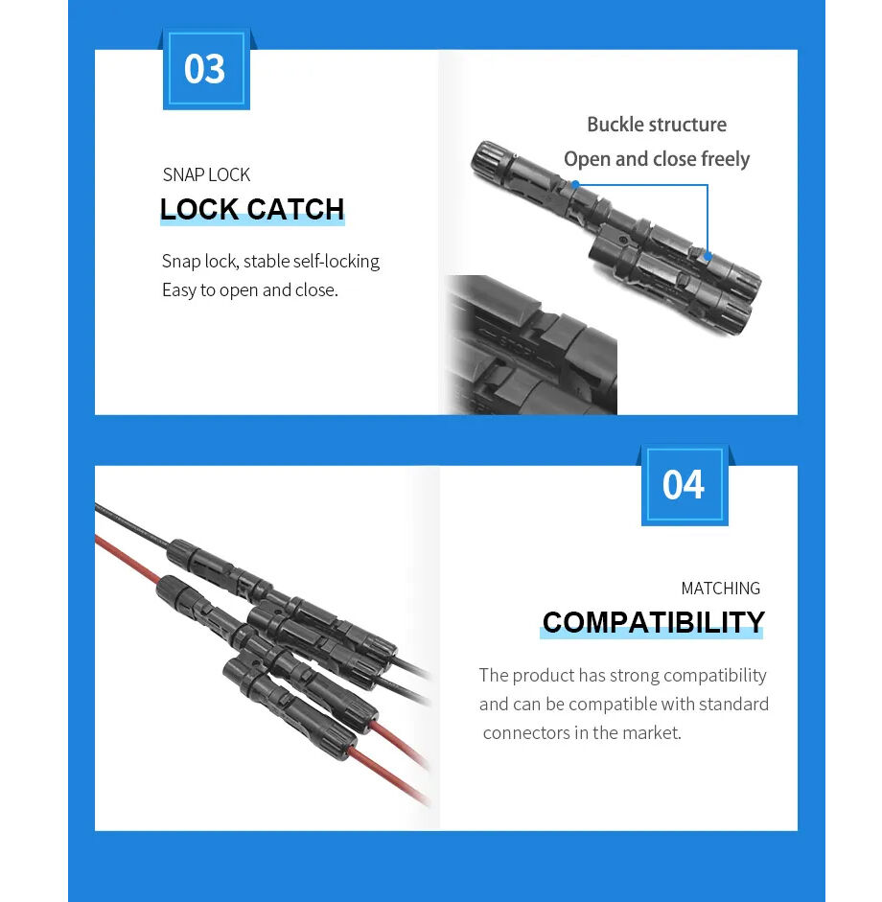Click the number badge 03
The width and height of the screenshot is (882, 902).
tap(204, 69)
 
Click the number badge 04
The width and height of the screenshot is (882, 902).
tap(684, 485)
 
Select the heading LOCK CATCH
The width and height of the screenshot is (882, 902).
tap(252, 210)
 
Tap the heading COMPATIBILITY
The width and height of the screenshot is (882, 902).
tap(653, 623)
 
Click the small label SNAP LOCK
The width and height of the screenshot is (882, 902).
tap(206, 174)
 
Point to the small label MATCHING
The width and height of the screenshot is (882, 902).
tap(720, 589)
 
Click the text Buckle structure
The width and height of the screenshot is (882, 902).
tap(656, 125)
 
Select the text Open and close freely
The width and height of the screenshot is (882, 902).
tap(656, 159)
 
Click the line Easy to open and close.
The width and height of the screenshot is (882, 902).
tap(249, 289)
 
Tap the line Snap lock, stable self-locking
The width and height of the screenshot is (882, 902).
tap(270, 261)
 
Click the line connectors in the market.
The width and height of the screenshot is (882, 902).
tap(582, 732)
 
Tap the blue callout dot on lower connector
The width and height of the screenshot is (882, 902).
tap(708, 256)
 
